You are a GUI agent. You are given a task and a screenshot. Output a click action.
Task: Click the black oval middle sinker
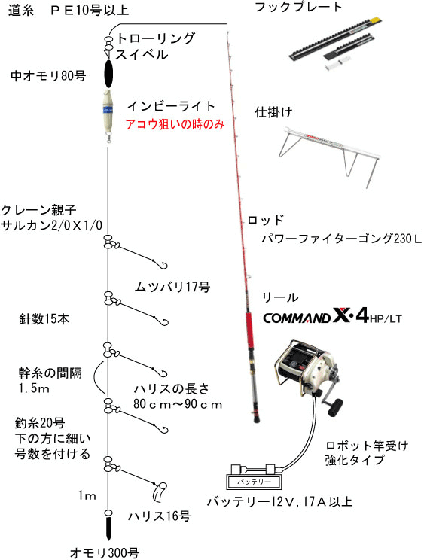(108, 74)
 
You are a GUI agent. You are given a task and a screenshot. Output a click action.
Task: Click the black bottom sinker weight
(108, 528)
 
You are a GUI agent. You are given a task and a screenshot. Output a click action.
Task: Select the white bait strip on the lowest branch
(159, 492)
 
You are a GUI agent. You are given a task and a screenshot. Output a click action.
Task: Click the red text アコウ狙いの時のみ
(175, 124)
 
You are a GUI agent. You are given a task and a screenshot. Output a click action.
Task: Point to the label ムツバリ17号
(172, 287)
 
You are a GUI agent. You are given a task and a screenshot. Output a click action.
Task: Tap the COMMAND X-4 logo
(333, 316)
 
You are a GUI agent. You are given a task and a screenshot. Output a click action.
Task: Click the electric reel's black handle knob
(335, 408)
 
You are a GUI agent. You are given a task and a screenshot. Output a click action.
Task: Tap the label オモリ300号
(104, 552)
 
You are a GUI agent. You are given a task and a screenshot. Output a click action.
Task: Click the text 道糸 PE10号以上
(69, 10)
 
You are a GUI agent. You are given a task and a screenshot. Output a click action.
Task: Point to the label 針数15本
(44, 319)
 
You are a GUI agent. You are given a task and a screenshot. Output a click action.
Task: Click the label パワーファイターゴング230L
(342, 239)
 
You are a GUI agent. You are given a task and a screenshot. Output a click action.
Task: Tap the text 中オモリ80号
(48, 76)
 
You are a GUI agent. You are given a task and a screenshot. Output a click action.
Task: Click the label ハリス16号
(160, 516)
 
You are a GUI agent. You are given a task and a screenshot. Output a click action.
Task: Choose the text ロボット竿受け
(367, 446)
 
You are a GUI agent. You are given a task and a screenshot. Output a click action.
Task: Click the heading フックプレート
(299, 7)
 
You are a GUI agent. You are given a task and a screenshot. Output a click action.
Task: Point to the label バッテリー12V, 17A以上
(279, 502)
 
